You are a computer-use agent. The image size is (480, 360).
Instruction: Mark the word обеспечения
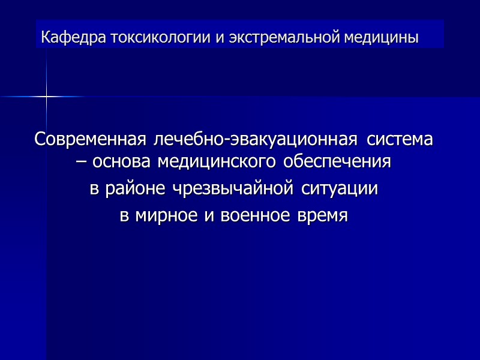[x=338, y=163]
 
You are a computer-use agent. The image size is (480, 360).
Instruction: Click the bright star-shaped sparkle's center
[x=46, y=96]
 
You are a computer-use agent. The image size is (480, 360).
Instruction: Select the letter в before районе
[x=94, y=190]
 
